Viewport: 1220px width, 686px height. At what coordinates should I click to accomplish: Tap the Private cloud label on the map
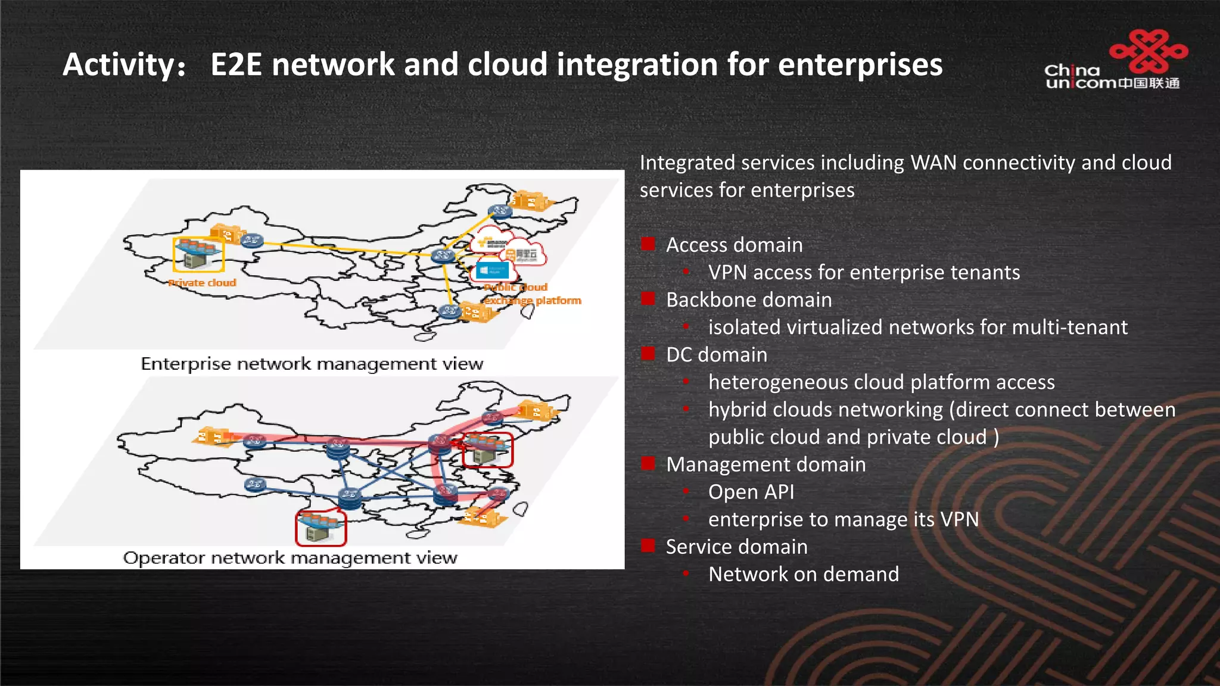click(x=203, y=283)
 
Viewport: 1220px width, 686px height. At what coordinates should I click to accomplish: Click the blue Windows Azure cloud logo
click(x=492, y=270)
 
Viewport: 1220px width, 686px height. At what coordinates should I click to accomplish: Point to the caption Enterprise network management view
click(x=312, y=364)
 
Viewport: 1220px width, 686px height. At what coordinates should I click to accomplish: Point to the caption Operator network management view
click(x=290, y=558)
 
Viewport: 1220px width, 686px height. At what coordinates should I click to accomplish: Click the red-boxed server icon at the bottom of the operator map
click(x=320, y=528)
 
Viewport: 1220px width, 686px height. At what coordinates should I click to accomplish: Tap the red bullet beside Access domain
click(x=648, y=244)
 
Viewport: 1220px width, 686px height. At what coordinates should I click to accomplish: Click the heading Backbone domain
click(x=749, y=300)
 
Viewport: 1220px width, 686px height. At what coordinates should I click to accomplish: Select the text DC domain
click(x=717, y=354)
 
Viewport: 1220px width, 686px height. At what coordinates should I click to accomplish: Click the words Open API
click(x=751, y=492)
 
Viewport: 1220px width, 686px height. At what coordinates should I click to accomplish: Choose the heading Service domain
click(x=736, y=547)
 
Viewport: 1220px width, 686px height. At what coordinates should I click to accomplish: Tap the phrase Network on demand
click(x=804, y=574)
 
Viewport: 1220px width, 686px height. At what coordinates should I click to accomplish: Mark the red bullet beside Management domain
click(x=648, y=463)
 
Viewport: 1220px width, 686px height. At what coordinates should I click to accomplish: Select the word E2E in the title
click(x=236, y=64)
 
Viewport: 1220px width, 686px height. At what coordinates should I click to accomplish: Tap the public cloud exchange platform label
click(x=531, y=295)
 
